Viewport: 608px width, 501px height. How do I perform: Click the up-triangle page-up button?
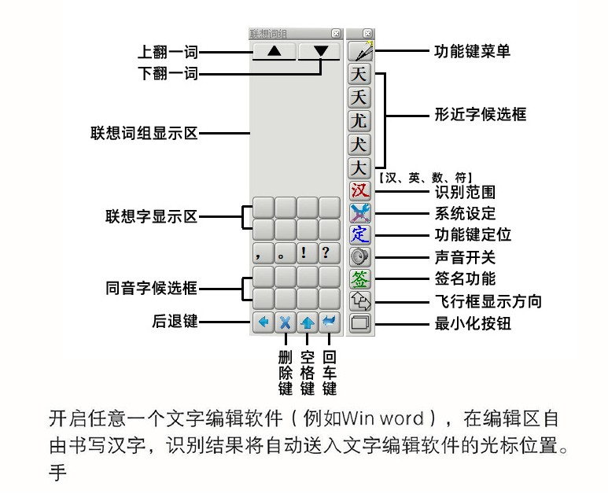coord(275,51)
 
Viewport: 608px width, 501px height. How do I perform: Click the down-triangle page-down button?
coord(319,51)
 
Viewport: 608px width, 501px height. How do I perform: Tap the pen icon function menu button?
coord(360,51)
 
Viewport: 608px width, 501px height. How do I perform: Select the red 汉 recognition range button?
coord(359,190)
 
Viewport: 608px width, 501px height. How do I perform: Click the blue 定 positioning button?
coord(359,234)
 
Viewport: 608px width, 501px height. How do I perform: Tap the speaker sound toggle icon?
coord(359,256)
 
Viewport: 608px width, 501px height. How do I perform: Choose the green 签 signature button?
coord(359,278)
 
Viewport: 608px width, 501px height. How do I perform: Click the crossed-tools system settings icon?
coord(359,212)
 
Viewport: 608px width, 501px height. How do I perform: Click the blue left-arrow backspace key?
coord(263,322)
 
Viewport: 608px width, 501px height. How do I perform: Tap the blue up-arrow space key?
coord(308,322)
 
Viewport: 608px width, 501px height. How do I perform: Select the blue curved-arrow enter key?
coord(330,322)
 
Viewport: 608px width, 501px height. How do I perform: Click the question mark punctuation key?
coord(330,253)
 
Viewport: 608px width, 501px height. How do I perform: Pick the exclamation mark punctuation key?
coord(308,253)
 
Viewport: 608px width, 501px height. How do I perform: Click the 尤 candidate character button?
coord(359,120)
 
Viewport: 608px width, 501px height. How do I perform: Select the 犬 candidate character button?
coord(359,144)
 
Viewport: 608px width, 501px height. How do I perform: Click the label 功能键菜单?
coord(472,51)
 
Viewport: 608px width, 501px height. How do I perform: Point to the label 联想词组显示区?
coord(144,133)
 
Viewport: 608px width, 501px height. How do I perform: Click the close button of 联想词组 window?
coord(336,34)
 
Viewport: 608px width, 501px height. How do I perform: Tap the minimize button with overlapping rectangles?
coord(359,322)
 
